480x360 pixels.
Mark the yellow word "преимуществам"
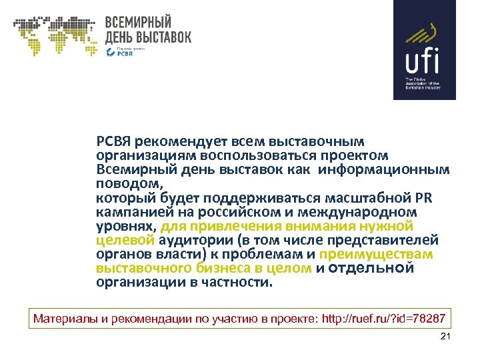point(377,254)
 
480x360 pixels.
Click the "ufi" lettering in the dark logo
point(423,61)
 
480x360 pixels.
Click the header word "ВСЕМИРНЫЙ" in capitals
point(138,22)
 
